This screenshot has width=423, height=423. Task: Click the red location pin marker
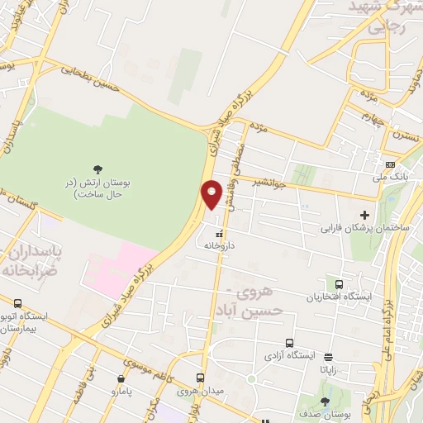coord(211,195)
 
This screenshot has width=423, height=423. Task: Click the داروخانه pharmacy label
coord(220,245)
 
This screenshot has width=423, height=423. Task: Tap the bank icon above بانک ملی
coord(390,164)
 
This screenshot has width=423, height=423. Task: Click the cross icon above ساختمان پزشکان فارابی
coord(364,215)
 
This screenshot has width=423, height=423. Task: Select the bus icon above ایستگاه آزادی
coord(289,343)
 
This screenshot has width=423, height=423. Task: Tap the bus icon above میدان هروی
coord(199,375)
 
